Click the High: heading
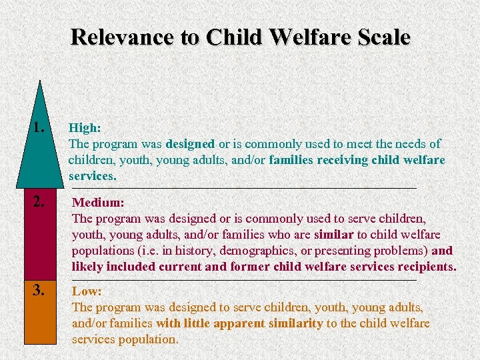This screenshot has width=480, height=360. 85,127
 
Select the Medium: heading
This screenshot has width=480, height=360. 98,201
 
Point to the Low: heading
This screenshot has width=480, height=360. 87,291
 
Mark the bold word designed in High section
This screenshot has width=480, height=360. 190,144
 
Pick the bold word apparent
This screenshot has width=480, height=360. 233,323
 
